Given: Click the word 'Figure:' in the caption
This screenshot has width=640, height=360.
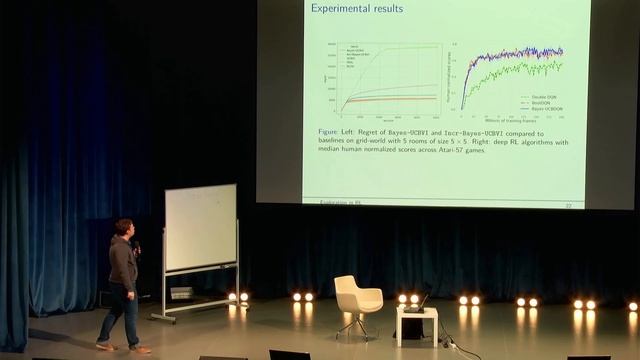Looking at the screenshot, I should (x=330, y=132).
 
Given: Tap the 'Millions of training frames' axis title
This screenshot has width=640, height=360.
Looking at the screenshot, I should (x=511, y=120).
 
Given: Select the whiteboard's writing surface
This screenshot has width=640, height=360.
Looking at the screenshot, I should (x=200, y=227).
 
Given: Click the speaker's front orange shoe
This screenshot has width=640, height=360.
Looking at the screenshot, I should (x=140, y=349).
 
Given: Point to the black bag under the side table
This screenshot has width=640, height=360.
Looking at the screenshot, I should (x=411, y=328).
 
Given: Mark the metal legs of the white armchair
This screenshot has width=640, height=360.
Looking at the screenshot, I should (x=356, y=324).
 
